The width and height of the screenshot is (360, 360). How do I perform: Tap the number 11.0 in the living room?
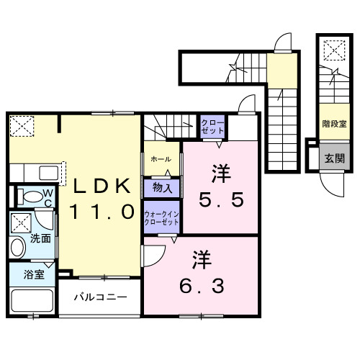102,212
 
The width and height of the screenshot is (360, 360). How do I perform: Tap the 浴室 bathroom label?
34,274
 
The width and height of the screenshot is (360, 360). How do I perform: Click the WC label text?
45,197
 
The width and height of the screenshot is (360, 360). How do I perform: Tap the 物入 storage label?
161,189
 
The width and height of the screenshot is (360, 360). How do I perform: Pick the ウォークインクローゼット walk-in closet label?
161,218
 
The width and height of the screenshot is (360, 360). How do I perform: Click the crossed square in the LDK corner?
22,127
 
